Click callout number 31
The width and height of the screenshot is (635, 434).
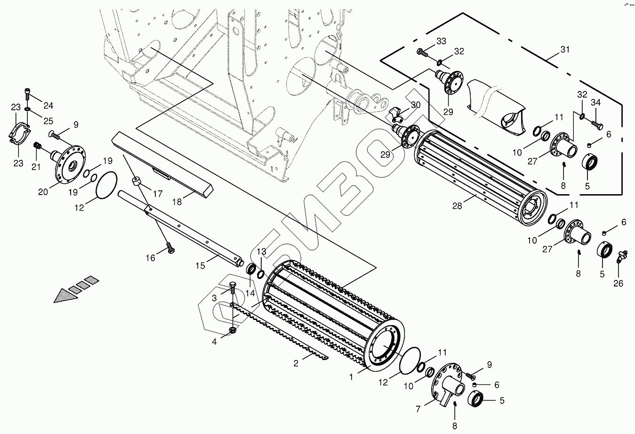[564, 49]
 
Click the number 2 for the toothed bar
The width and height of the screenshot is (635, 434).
[296, 363]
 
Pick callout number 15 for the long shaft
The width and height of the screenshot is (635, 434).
[200, 266]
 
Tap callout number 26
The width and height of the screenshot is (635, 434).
[618, 283]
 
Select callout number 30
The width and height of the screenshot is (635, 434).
[415, 105]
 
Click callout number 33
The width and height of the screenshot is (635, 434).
[441, 41]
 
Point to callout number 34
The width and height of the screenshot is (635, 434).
[595, 103]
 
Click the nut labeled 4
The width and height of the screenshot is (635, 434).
[232, 330]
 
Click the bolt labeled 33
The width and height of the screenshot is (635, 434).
[422, 53]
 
